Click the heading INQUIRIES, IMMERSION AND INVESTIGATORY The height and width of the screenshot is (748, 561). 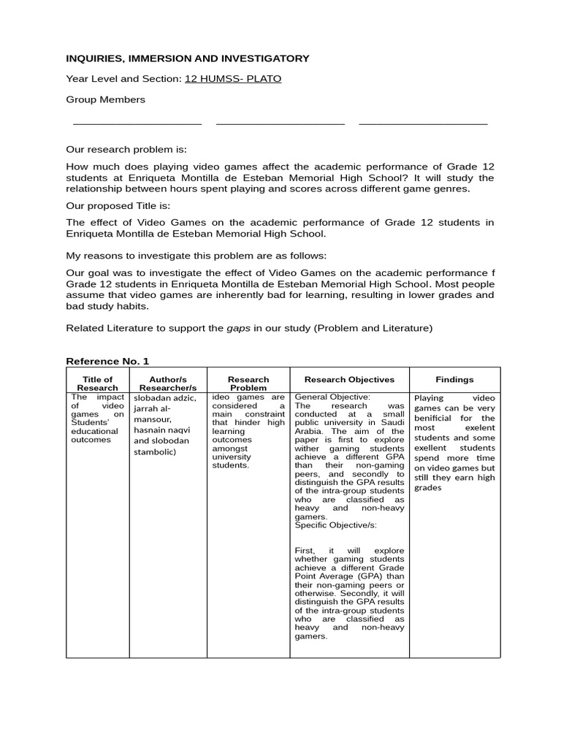tap(188, 58)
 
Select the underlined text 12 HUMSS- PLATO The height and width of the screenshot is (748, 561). tap(232, 79)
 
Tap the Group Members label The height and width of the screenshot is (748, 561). tap(105, 99)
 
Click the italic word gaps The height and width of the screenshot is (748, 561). tap(238, 328)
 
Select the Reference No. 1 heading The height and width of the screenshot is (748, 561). tap(107, 361)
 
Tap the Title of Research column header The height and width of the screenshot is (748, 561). tap(97, 383)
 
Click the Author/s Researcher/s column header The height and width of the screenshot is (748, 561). tap(168, 383)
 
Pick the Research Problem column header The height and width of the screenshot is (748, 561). tap(248, 383)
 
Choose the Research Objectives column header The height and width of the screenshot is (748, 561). tap(349, 379)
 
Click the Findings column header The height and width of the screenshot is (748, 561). tap(454, 379)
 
